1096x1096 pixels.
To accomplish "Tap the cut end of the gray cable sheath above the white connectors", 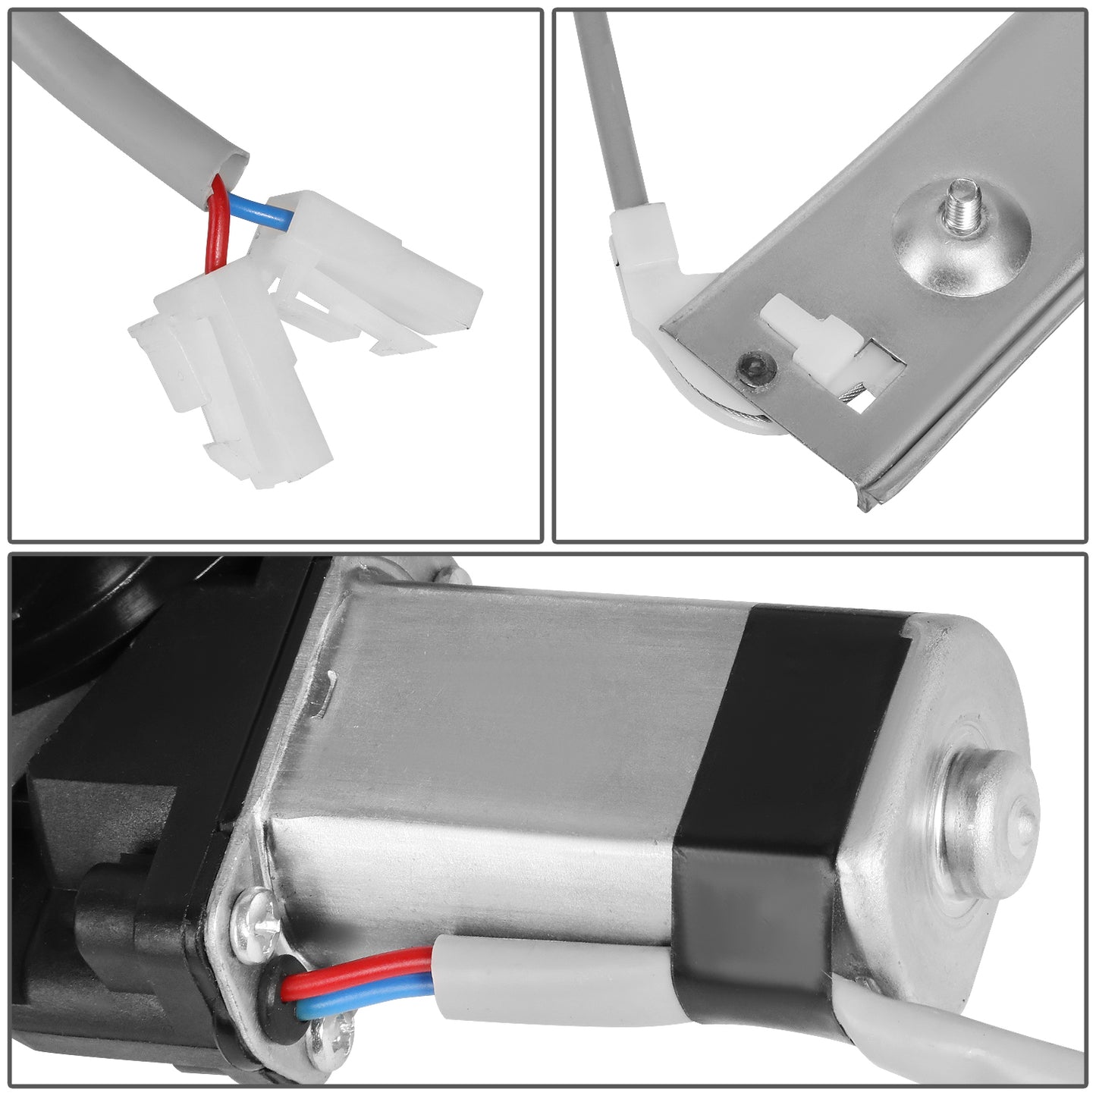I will (228, 162).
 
